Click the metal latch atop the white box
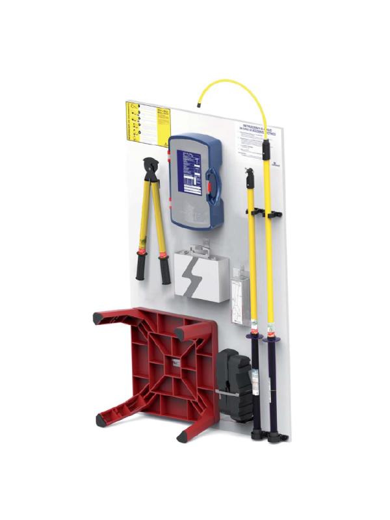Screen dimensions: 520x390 (x=203, y=246)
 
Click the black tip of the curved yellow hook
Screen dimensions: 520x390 (x=199, y=104)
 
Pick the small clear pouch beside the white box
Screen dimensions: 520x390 (x=238, y=296)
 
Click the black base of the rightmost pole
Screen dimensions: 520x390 (x=276, y=437)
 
